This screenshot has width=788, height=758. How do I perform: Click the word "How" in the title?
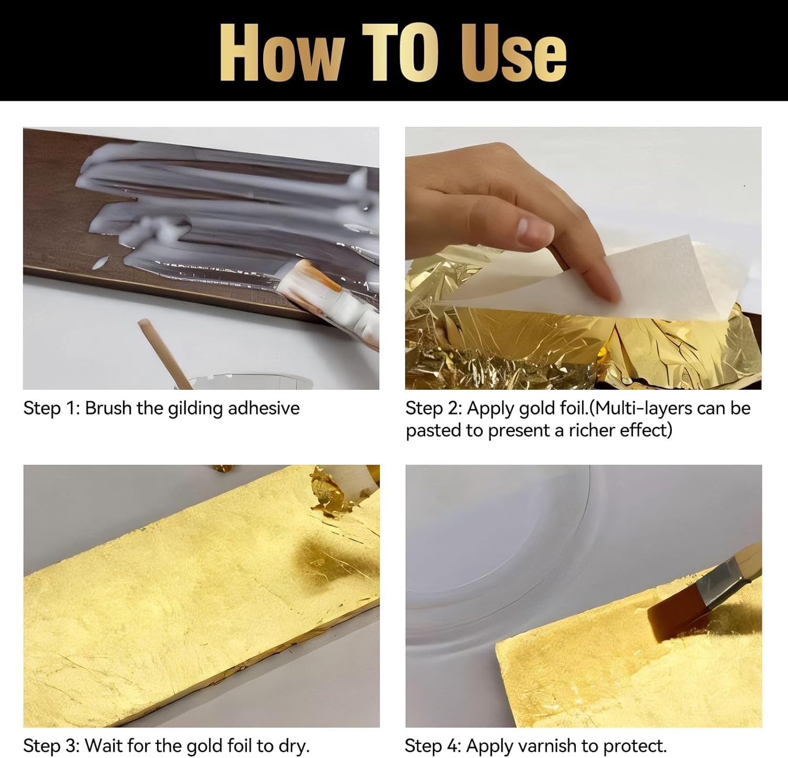tap(281, 54)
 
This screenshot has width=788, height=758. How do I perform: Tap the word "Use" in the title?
tap(513, 54)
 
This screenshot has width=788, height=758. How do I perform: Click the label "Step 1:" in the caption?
tap(51, 409)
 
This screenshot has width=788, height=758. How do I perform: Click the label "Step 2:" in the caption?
tap(433, 409)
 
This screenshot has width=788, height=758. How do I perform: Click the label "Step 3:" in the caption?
tap(51, 746)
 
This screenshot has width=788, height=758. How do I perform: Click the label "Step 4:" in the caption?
tap(433, 746)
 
